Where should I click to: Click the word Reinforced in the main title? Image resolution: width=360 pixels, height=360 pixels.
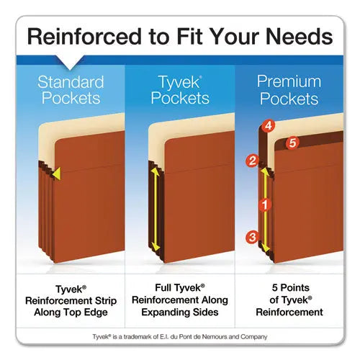pos(84,37)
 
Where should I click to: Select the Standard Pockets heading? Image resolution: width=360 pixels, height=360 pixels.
pos(71,90)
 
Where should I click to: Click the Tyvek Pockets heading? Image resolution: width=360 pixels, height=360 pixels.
pos(180,90)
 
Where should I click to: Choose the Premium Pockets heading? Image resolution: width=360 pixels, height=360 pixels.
pos(289,90)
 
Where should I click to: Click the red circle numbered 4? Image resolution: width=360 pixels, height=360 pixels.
pos(269,125)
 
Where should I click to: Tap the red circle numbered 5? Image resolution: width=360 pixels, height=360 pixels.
pos(292,143)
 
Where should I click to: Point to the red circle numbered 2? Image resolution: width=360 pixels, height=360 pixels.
pos(252,161)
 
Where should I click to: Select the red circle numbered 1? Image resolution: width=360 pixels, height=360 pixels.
pos(265,205)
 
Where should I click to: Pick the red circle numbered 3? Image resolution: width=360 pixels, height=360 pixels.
pos(252,238)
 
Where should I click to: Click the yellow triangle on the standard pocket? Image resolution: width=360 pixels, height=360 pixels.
pos(57,174)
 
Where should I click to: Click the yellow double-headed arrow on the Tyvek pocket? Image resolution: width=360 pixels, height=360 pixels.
pos(156,210)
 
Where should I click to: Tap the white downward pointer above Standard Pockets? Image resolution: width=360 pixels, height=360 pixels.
pos(70,63)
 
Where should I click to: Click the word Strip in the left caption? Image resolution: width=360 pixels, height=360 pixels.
pos(106,301)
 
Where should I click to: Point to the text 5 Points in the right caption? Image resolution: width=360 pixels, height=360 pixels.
pos(291,287)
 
